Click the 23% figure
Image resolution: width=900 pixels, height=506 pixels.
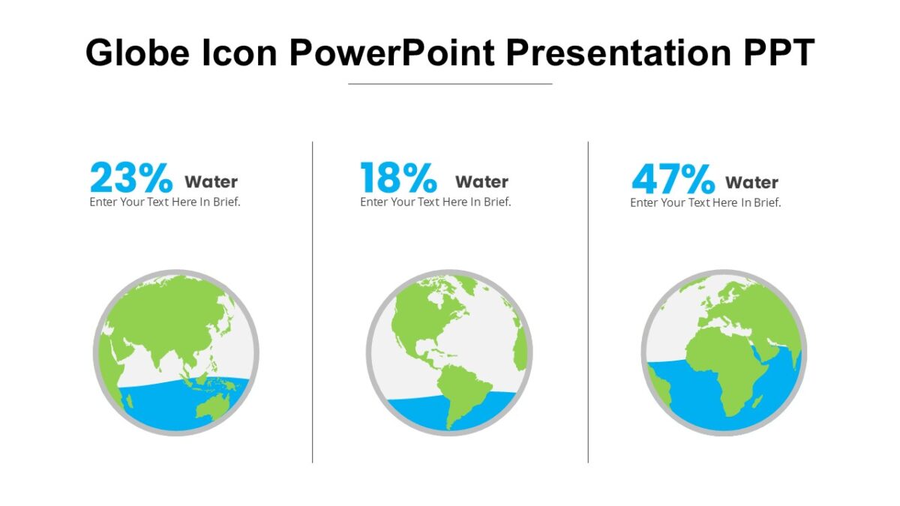[131, 178]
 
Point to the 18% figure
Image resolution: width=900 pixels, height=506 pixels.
[398, 178]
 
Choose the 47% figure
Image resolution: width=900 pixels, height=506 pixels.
[673, 179]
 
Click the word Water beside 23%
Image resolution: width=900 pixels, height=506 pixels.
[211, 182]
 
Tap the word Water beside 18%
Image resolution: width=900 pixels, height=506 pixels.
[481, 182]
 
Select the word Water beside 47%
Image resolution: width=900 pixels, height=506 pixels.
[751, 183]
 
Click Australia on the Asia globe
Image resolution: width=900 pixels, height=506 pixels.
[213, 406]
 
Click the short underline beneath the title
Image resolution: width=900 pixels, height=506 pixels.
[450, 84]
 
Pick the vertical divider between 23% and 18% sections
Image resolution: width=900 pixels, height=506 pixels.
[312, 300]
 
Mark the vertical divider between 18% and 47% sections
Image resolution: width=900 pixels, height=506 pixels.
[588, 300]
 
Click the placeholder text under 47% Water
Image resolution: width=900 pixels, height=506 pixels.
[705, 202]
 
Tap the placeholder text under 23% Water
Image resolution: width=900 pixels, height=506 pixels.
[165, 202]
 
